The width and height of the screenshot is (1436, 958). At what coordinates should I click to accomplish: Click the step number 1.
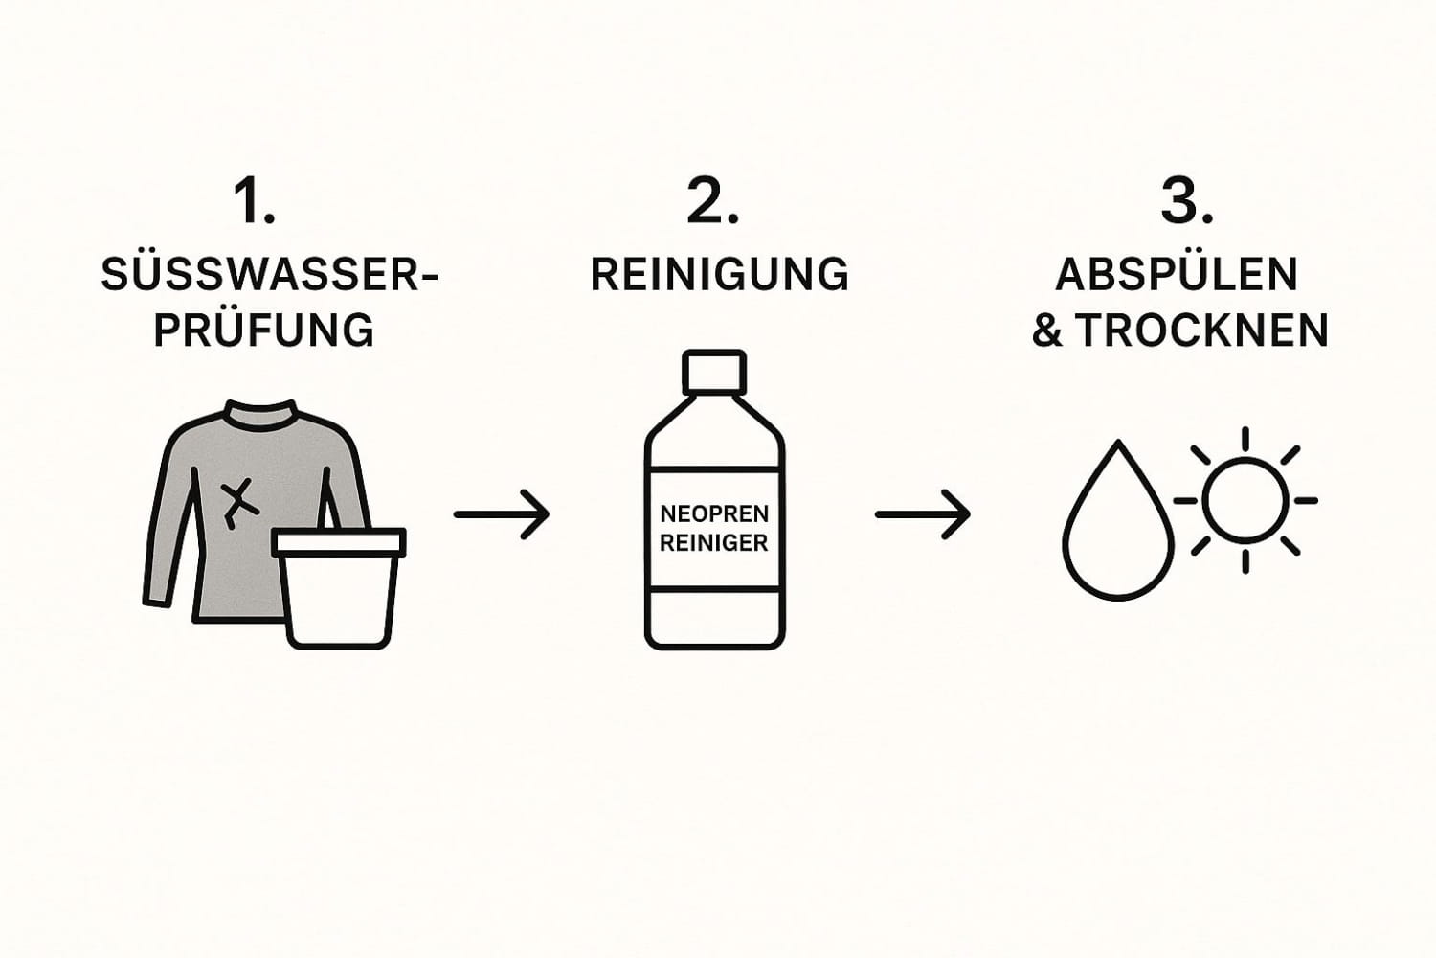coord(254,202)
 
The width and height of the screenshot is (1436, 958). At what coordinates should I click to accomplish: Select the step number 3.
coord(1187,202)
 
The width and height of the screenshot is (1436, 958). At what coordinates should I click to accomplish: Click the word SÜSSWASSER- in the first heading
coord(269,275)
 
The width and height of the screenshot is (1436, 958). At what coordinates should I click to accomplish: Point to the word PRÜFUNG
coord(264,331)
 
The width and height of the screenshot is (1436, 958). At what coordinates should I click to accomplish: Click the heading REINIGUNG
coord(720,275)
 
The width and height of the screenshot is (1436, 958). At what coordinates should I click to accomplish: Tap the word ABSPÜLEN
coord(1177,275)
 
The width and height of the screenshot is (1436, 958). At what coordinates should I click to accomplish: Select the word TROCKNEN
coord(1203,331)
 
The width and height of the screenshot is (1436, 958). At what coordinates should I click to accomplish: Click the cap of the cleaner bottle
coord(713,368)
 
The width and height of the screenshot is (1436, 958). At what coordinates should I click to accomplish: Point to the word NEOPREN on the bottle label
coord(714,514)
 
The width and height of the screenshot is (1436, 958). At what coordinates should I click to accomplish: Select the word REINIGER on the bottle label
coord(714,543)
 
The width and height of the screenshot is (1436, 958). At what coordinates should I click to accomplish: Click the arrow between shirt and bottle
coord(502,514)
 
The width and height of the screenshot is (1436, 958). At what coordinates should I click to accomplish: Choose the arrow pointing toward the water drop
coord(923,514)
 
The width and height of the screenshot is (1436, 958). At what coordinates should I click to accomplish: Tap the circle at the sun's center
coord(1245,500)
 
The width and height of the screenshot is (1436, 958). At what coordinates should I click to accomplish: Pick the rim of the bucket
coord(339,543)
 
